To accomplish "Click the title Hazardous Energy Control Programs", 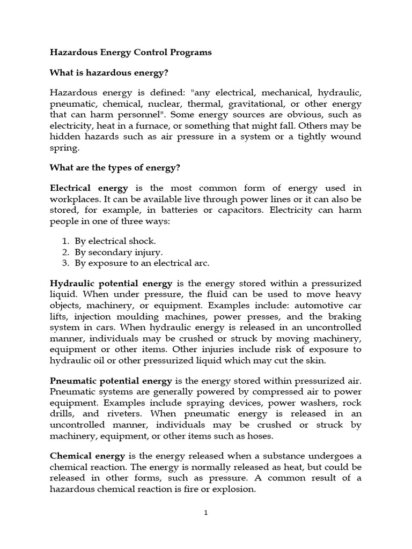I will [130, 53].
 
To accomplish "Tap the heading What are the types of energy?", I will [115, 168].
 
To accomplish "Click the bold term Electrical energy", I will [89, 188].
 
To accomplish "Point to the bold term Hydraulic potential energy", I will [111, 283].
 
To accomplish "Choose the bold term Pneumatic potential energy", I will [111, 381].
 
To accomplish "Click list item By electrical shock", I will [115, 241].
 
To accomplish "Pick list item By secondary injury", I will [119, 252].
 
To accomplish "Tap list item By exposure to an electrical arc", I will [142, 263].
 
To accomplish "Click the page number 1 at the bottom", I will [205, 513].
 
